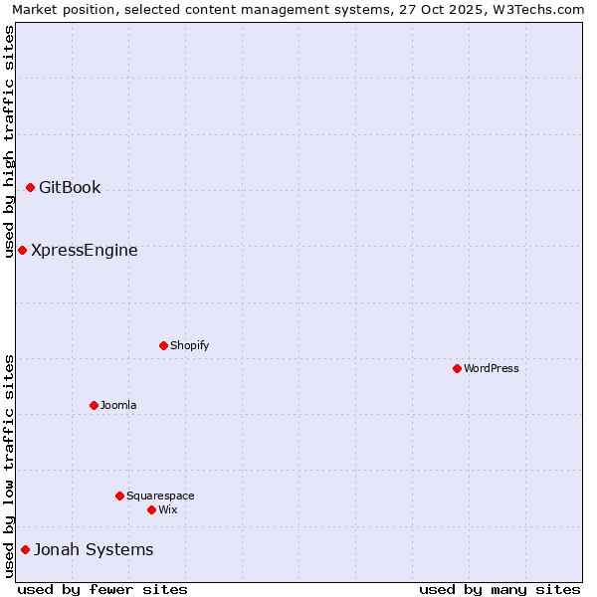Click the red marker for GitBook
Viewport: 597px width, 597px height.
click(x=30, y=187)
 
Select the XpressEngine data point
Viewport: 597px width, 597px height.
click(x=22, y=250)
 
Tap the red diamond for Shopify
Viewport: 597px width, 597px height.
click(x=163, y=345)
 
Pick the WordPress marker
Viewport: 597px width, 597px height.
click(x=457, y=368)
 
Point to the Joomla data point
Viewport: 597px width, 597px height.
click(x=94, y=405)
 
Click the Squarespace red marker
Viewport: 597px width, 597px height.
click(x=119, y=496)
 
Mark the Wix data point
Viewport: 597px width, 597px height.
click(x=151, y=509)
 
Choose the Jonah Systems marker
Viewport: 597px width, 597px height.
click(x=25, y=549)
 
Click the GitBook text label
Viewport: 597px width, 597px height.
click(x=70, y=187)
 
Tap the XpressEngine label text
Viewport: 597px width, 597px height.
click(x=85, y=250)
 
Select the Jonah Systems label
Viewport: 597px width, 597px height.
click(x=94, y=549)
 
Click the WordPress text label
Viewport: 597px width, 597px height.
click(x=492, y=368)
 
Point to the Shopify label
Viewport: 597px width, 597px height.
click(x=189, y=345)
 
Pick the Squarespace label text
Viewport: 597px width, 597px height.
click(x=160, y=496)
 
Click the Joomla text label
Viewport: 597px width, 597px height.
click(x=118, y=405)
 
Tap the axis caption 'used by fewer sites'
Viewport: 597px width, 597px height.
click(x=102, y=589)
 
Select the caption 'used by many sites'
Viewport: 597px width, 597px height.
click(x=499, y=589)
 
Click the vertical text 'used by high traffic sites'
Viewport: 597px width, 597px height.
click(x=10, y=141)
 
